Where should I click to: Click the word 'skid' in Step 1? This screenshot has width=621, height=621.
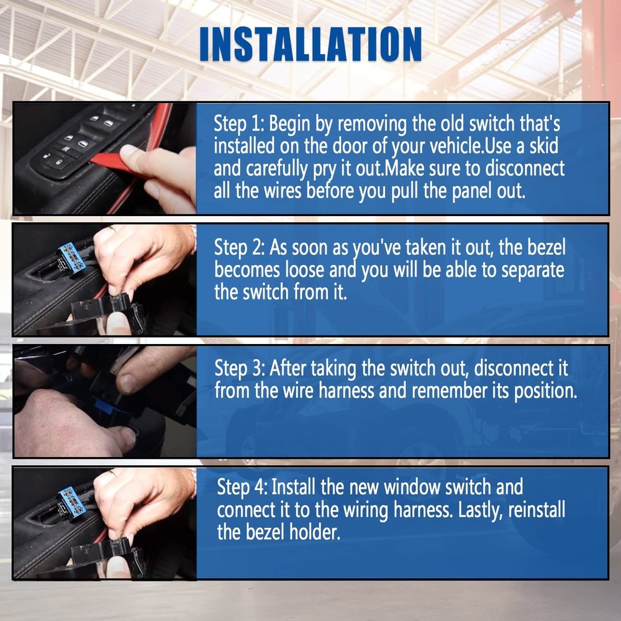[x=542, y=146]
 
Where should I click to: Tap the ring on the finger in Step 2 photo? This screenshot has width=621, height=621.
[x=112, y=229]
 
